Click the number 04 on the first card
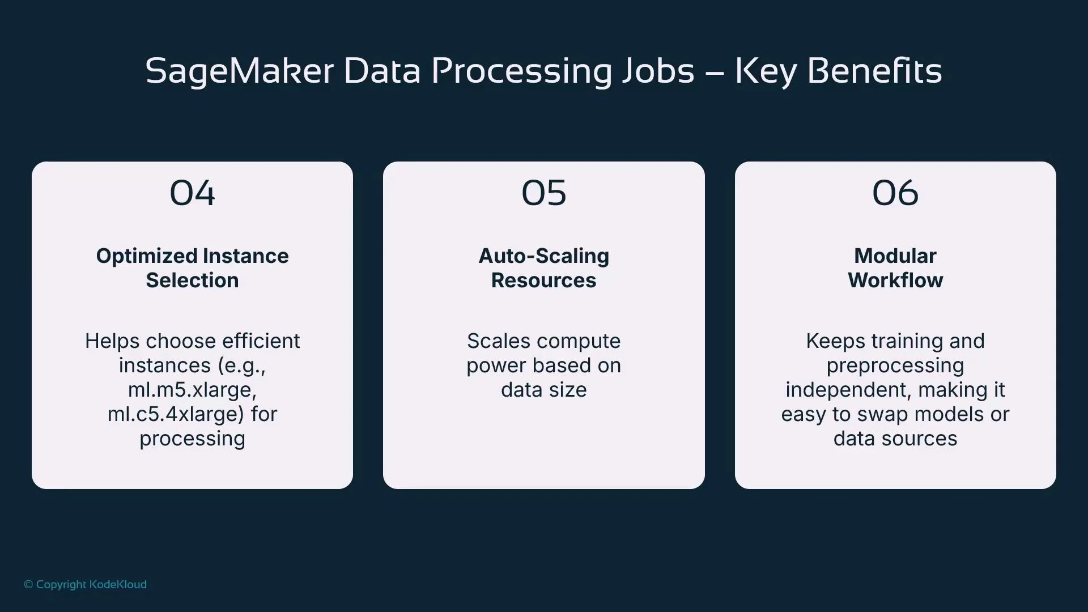point(192,193)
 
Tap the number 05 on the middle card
point(543,193)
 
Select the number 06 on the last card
point(895,193)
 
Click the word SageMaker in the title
point(239,72)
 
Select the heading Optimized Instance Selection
point(192,268)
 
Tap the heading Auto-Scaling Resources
point(543,268)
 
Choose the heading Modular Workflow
point(895,268)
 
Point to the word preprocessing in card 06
point(895,366)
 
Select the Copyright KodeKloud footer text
point(86,584)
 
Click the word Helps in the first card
point(112,341)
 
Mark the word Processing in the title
point(521,72)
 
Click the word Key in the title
point(766,72)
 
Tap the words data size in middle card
point(543,390)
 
